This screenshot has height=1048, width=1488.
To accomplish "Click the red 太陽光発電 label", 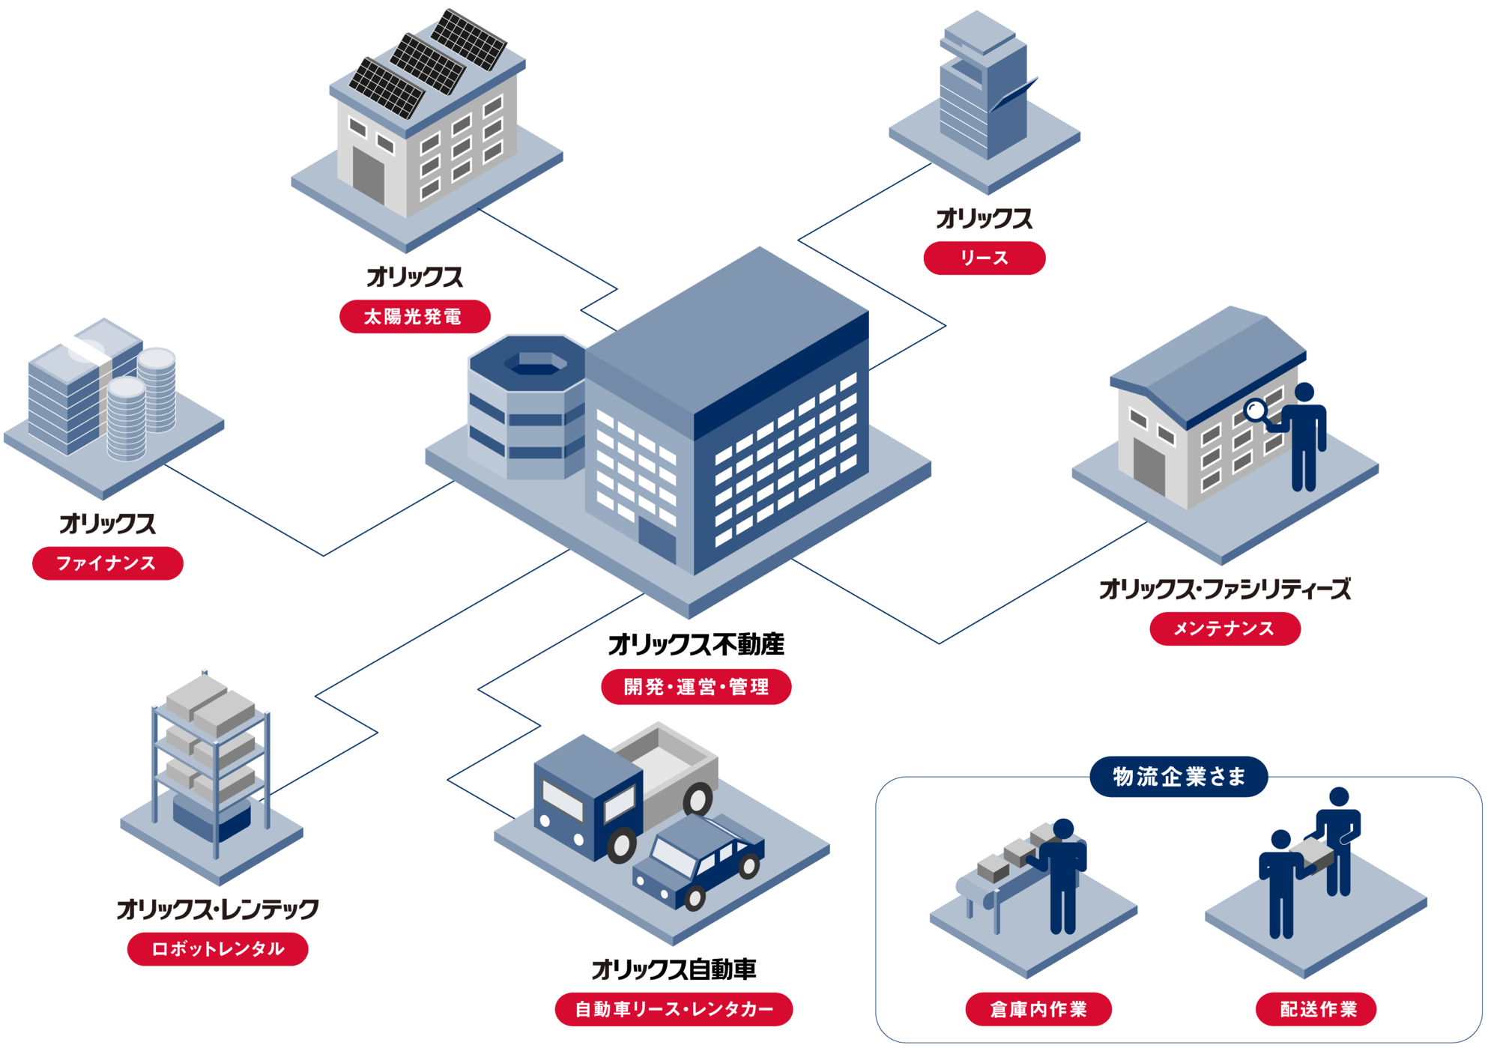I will [414, 317].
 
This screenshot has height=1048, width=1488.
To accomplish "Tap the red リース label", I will [984, 258].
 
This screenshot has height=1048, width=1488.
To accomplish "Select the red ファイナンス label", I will [107, 563].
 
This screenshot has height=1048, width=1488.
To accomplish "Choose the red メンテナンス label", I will [1224, 629].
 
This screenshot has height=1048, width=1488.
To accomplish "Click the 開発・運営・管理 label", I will [696, 687].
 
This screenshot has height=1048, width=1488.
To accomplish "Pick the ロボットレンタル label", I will [217, 949].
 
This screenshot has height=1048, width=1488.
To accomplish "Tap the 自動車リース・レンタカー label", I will [674, 1009].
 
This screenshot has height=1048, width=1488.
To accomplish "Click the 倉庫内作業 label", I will [1038, 1009].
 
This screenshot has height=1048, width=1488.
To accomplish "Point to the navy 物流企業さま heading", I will [1179, 777].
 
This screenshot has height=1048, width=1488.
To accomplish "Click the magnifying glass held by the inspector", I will [1255, 410].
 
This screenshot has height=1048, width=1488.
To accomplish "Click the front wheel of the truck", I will [621, 845].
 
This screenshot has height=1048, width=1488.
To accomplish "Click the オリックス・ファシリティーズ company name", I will [1224, 590].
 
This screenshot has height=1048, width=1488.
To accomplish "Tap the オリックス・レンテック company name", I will [217, 909].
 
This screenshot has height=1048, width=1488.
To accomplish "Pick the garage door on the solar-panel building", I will [368, 175].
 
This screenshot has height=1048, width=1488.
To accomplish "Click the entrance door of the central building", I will [656, 539].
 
